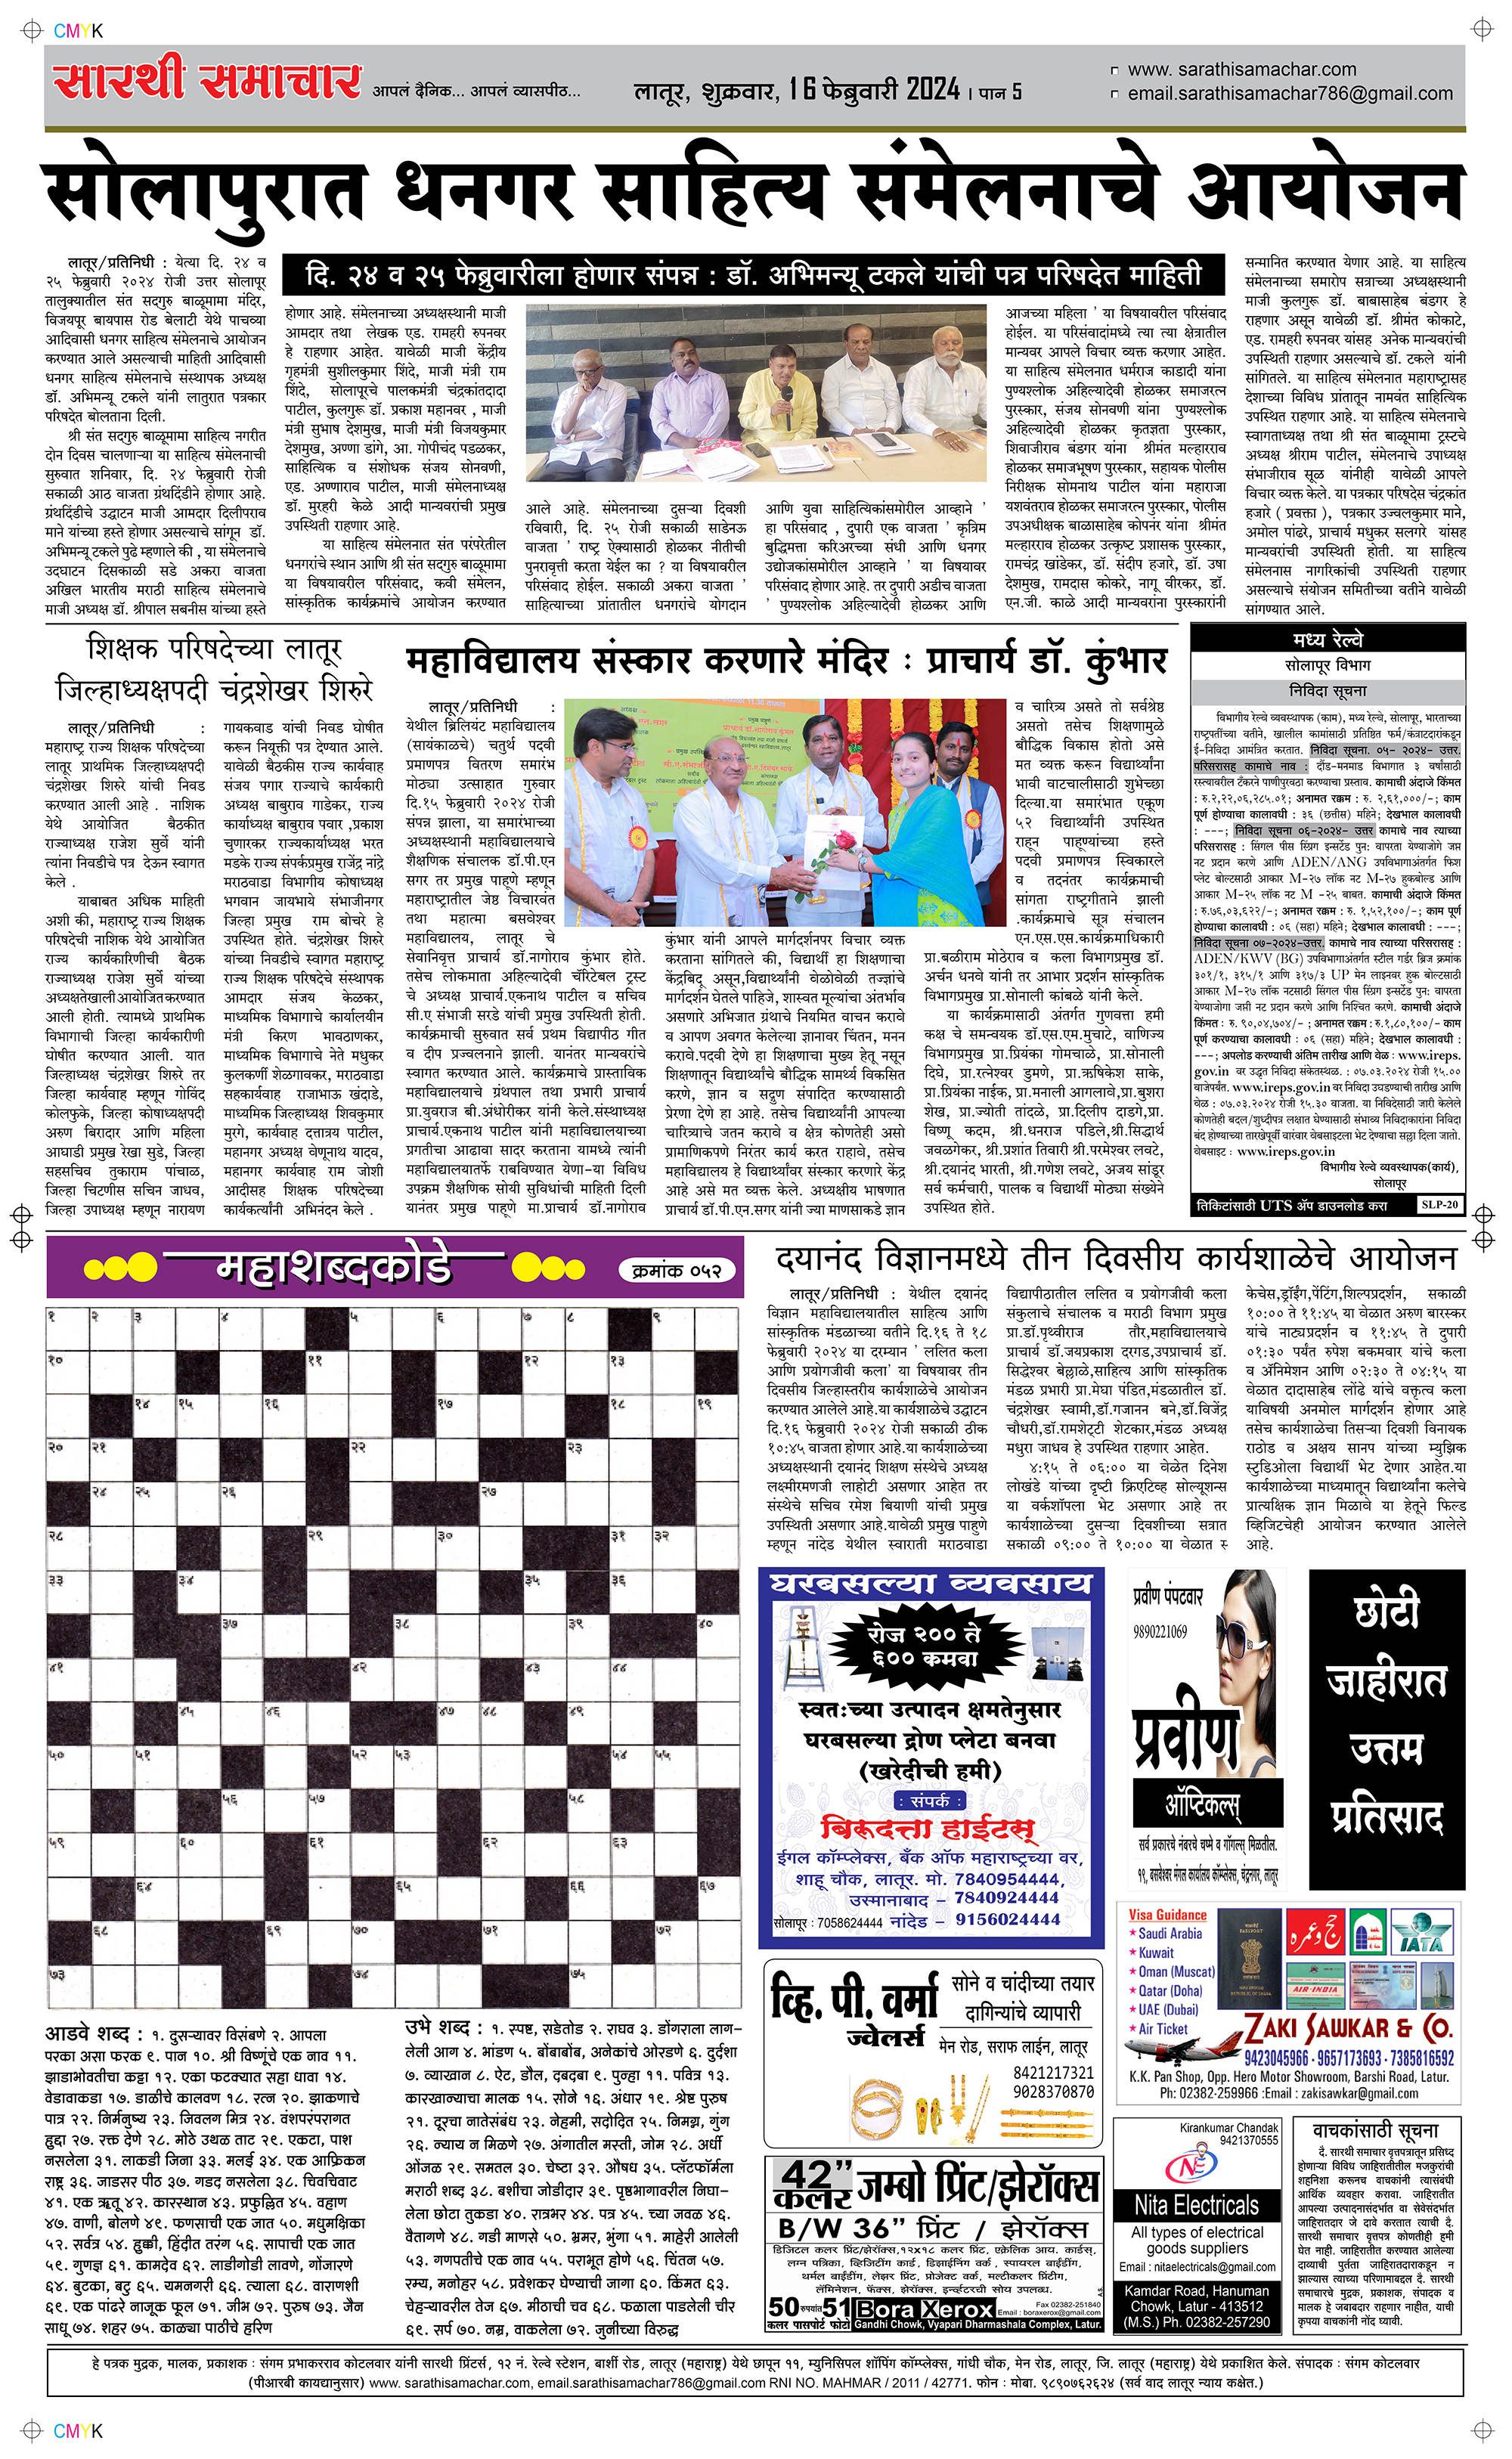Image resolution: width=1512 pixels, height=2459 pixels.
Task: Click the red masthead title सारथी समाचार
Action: [x=207, y=80]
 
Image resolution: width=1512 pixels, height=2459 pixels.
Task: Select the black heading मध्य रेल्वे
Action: [x=1327, y=640]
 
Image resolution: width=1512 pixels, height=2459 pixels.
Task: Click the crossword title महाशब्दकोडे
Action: [x=334, y=1268]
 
